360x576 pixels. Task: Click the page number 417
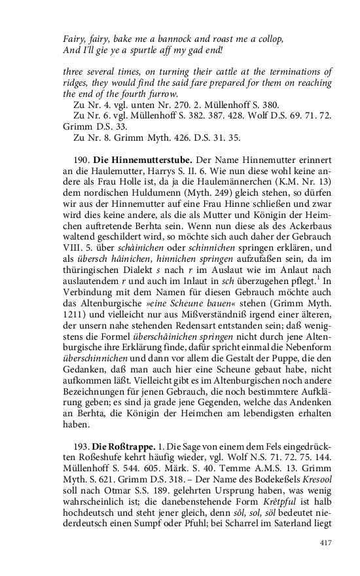(325, 543)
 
